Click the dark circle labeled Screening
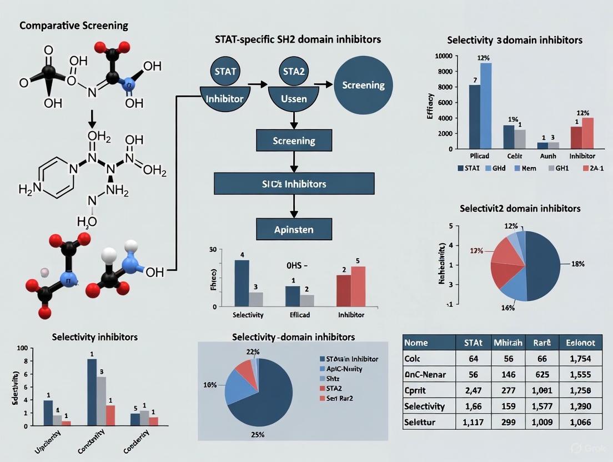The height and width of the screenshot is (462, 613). tap(363, 86)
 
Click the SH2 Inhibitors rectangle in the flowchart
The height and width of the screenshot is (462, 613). tap(294, 183)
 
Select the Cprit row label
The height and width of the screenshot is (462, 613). tap(419, 390)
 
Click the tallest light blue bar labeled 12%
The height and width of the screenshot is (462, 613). tap(486, 106)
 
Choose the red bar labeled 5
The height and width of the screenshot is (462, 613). tap(358, 286)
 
